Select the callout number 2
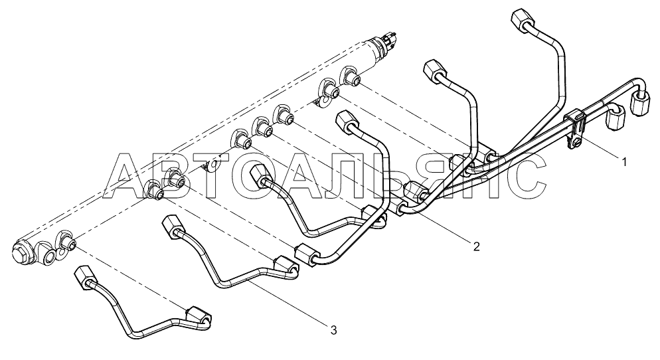pos(475,246)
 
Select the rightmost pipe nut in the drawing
pos(641,105)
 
